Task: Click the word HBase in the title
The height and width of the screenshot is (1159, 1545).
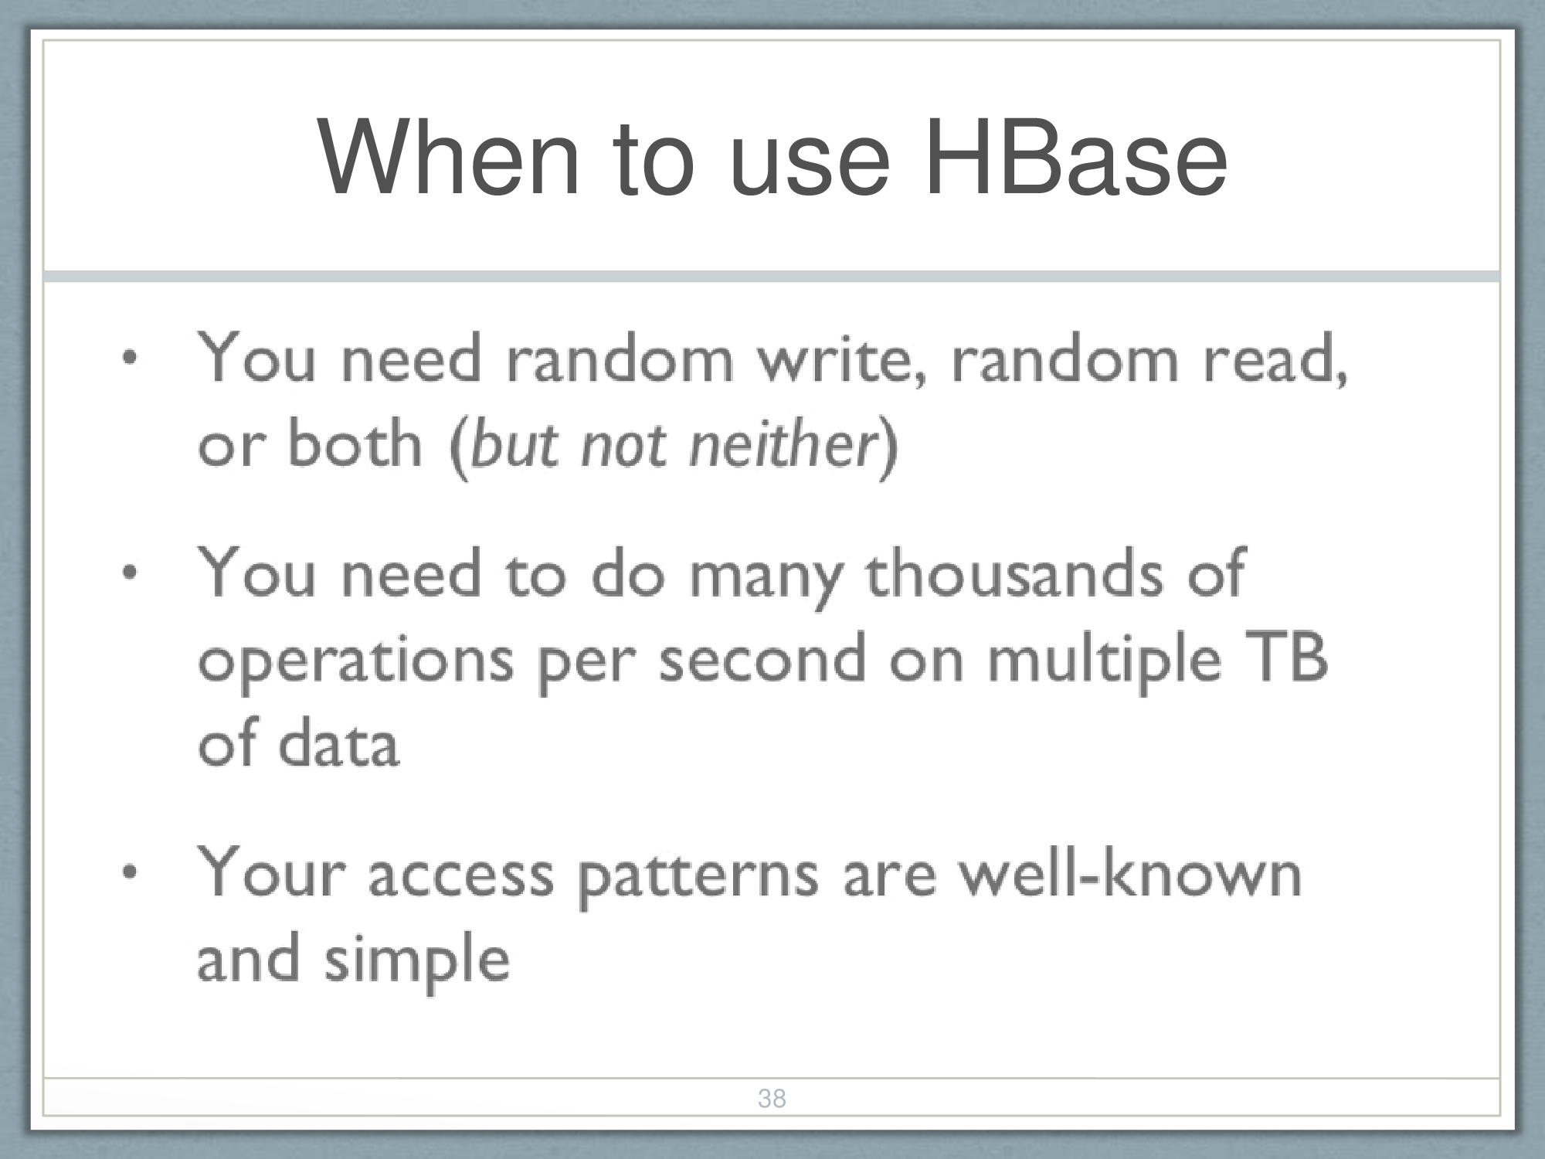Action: [1075, 158]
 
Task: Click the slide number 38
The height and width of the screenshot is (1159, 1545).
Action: [772, 1098]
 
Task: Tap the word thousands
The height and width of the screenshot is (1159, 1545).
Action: [1014, 573]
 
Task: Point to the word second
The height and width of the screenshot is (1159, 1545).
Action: [762, 658]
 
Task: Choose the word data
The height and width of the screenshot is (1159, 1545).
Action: [338, 743]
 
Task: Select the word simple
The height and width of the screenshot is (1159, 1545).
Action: [417, 961]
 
